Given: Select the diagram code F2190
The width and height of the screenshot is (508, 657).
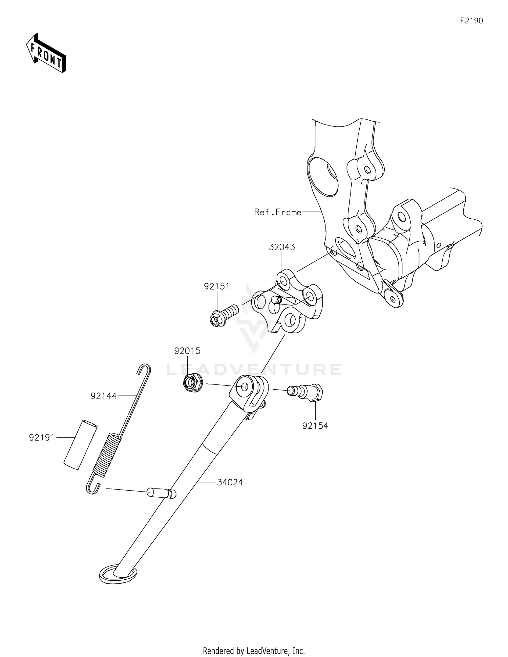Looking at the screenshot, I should tap(471, 21).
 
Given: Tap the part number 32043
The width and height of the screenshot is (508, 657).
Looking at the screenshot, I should tap(282, 247).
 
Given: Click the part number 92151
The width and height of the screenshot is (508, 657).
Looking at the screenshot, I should tap(216, 286).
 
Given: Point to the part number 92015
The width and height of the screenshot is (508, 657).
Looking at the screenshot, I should tap(187, 351).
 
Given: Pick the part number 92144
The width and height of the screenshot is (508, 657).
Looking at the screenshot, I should tap(103, 396).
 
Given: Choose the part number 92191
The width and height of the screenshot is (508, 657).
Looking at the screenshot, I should tap(42, 438).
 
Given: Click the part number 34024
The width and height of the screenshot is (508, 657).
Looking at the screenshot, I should tap(230, 482).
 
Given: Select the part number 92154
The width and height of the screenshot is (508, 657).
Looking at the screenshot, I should tap(315, 426).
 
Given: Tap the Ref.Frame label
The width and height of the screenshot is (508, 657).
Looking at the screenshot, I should tap(278, 212).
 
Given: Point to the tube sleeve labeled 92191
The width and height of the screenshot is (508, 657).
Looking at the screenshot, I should tap(80, 444).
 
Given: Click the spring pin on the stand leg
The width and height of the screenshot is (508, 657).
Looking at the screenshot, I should tap(161, 492).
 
